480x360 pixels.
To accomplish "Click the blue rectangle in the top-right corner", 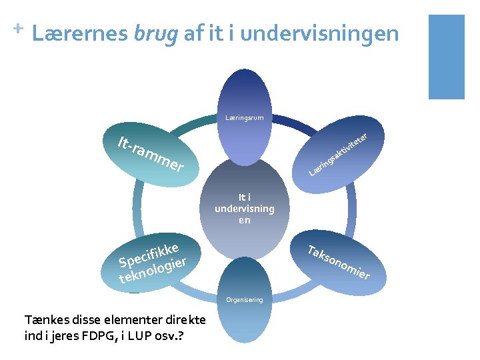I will click(446, 57).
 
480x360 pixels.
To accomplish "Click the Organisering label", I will click(244, 300).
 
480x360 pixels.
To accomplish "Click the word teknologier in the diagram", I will click(152, 270).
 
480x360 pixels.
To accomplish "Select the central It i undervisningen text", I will click(244, 208).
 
